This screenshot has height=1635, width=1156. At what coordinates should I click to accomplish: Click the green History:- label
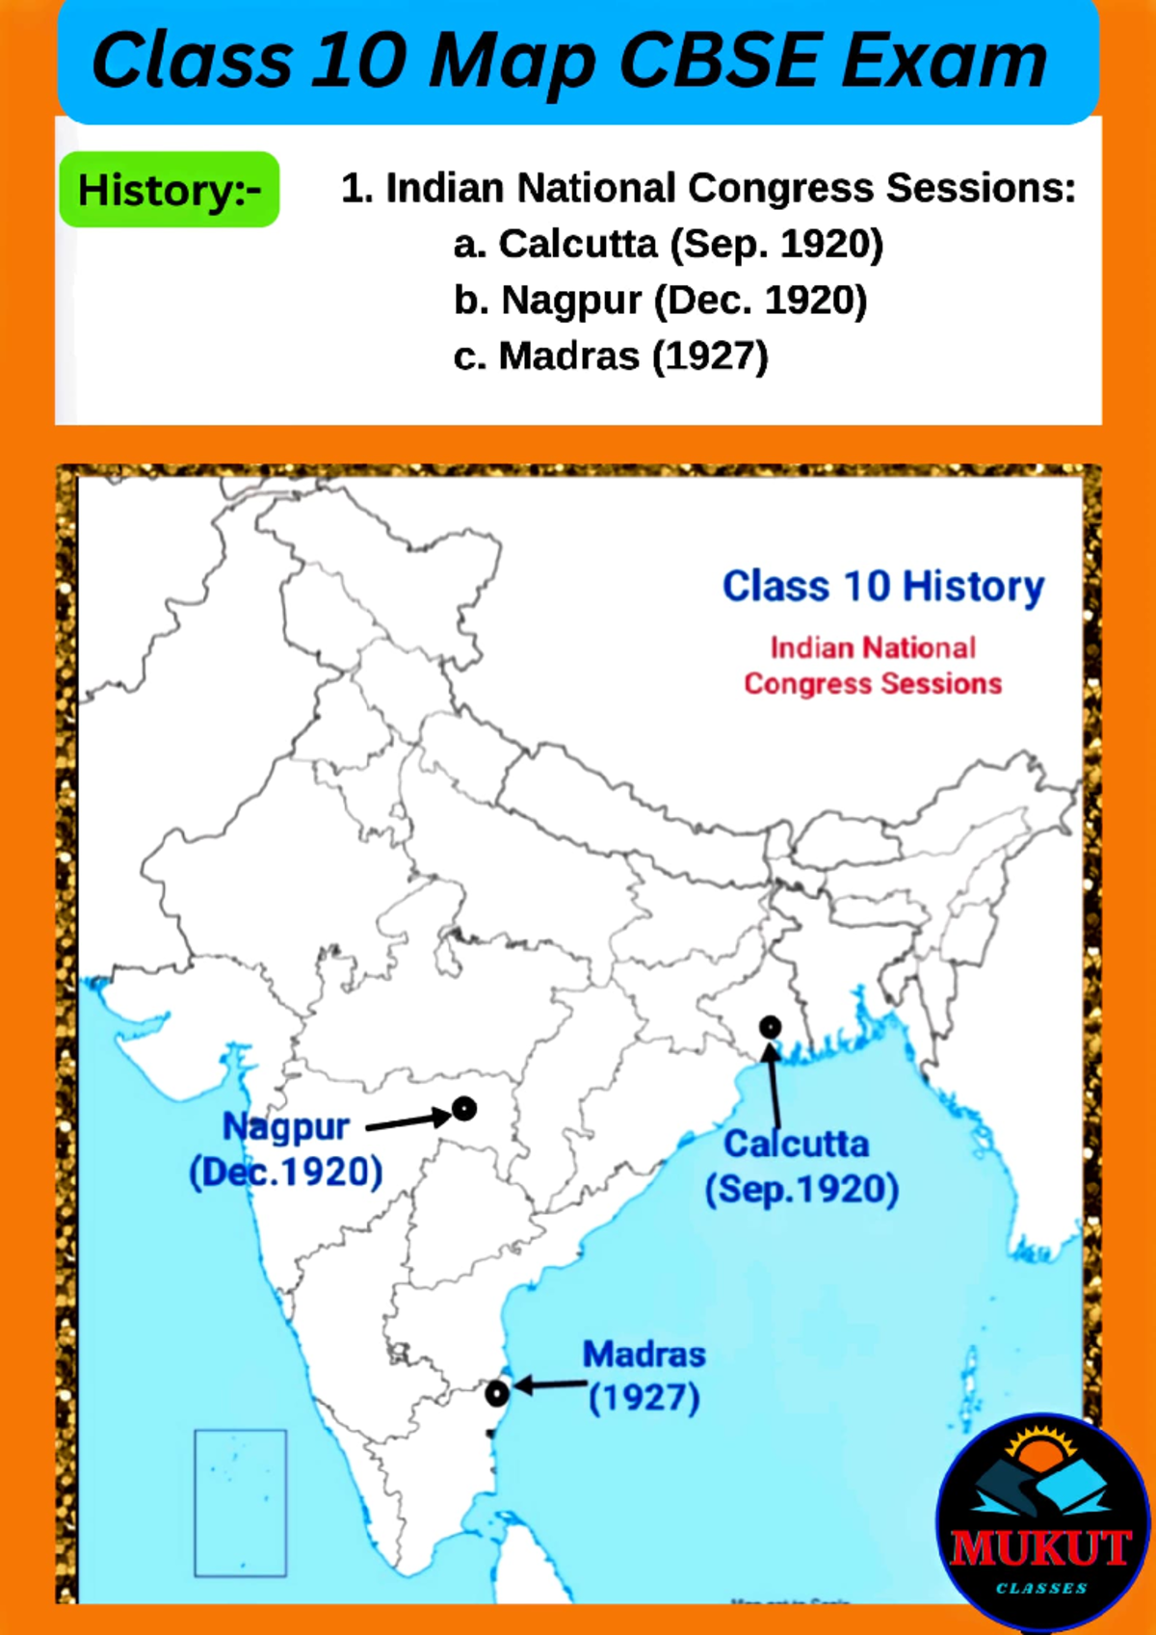170,190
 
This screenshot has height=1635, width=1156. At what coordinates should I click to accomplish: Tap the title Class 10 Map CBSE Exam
569,61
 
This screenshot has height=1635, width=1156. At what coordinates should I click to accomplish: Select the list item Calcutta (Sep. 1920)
668,245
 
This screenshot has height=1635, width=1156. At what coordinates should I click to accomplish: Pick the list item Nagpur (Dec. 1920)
660,301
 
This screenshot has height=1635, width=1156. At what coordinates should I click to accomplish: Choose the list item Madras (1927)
611,356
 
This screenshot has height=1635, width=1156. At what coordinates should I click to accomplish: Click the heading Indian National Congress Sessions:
708,188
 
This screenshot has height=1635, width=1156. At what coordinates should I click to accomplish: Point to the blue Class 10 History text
882,586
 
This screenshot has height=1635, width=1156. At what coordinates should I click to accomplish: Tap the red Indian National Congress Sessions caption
873,666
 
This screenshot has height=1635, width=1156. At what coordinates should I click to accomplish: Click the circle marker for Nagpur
464,1109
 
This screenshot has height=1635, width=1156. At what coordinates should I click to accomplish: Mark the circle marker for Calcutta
770,1027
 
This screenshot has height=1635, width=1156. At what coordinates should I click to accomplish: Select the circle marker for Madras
496,1393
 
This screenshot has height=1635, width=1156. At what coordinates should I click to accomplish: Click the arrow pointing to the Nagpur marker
407,1120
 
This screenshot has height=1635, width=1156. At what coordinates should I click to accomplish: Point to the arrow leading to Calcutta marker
773,1084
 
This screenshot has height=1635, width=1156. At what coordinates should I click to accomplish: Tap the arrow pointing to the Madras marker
551,1385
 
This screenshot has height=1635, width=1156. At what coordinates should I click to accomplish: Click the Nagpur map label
285,1126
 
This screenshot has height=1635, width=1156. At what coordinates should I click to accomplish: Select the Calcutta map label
796,1145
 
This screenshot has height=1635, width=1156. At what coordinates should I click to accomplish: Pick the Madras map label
644,1355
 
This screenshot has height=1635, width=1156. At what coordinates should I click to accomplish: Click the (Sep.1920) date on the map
801,1189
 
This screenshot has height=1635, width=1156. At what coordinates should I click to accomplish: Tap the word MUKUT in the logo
1040,1548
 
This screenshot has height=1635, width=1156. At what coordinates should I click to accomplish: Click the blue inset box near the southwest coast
240,1503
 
